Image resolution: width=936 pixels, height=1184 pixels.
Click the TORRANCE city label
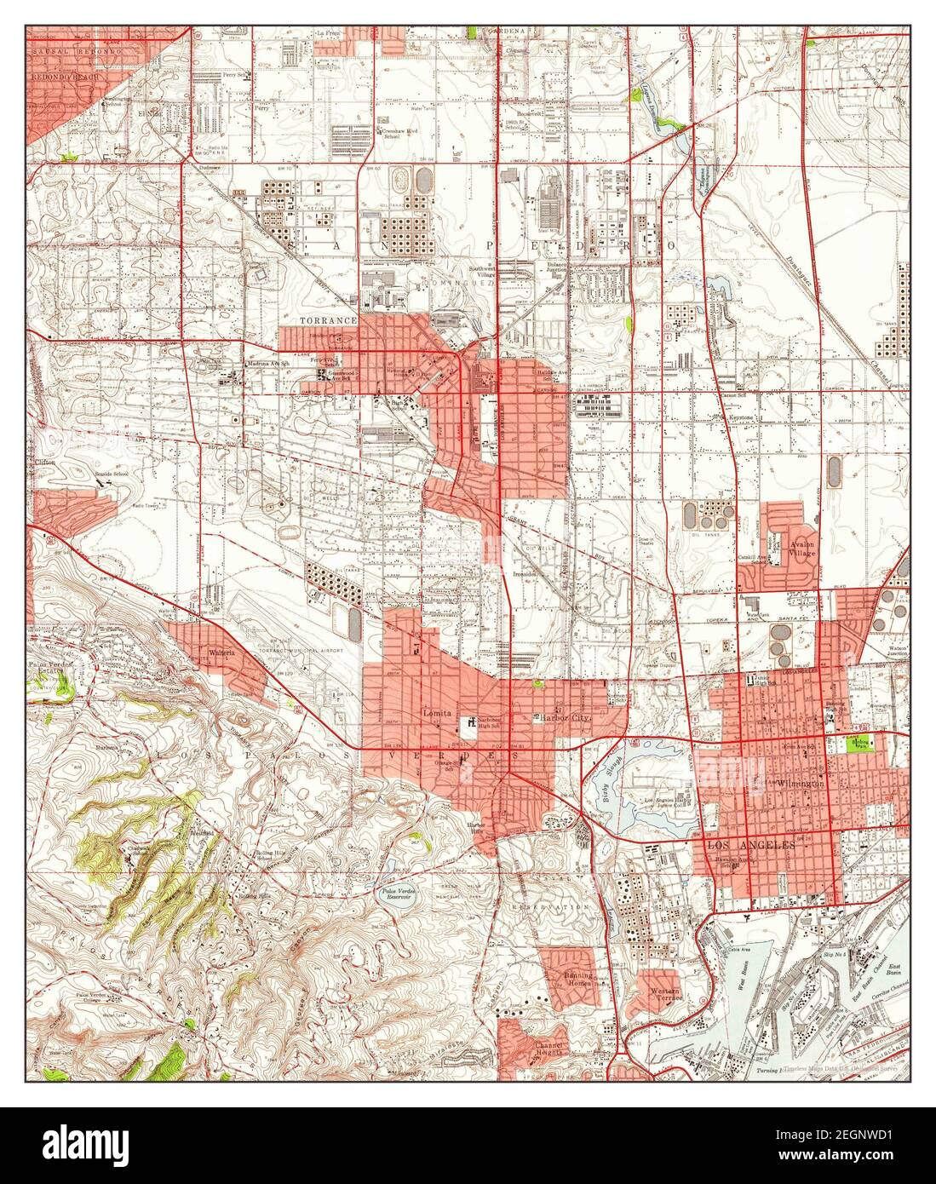(x=328, y=320)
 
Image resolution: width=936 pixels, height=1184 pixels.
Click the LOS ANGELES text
(x=749, y=845)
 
